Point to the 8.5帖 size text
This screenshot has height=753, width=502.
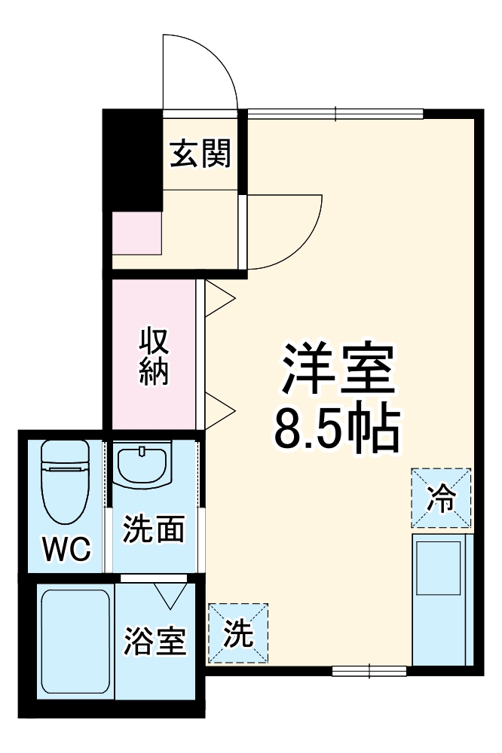coord(336,429)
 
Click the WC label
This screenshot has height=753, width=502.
coord(66,550)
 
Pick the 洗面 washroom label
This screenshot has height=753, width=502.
coord(155,530)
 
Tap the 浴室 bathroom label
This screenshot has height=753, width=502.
coord(155,642)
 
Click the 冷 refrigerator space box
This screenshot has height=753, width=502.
coord(441,498)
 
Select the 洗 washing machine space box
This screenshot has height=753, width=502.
coord(237,633)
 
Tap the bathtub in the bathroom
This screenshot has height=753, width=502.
coord(75,643)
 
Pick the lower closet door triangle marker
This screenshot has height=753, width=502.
coord(219,408)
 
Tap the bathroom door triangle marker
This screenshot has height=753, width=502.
coord(170,595)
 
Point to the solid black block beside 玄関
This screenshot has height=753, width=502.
coord(132,158)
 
